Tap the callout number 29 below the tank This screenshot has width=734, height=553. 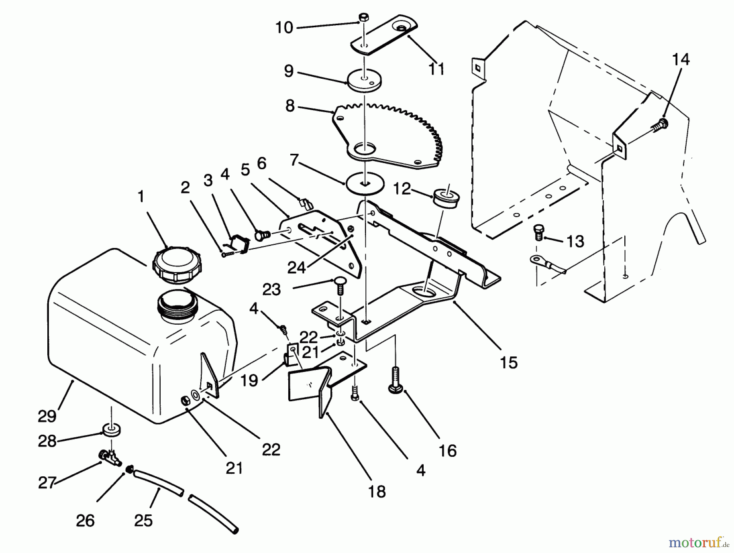click(x=47, y=416)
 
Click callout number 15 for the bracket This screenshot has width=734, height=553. click(x=508, y=362)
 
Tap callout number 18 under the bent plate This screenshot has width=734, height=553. click(x=377, y=491)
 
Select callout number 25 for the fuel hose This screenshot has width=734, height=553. click(x=143, y=520)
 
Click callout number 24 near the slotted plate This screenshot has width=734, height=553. click(x=296, y=268)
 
